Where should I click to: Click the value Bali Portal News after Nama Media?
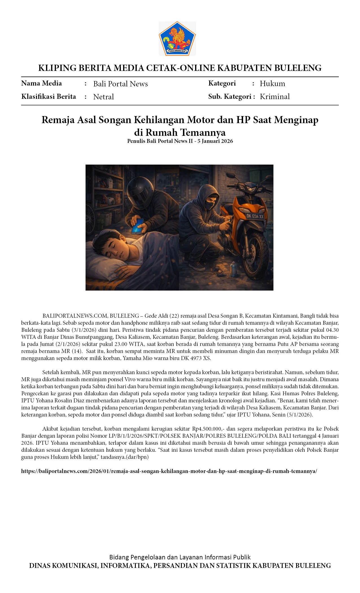[x=121, y=84]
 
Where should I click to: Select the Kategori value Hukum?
[x=272, y=84]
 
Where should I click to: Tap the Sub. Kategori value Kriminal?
[x=274, y=97]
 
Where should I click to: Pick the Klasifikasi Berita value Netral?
[x=103, y=97]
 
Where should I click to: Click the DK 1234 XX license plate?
[x=255, y=217]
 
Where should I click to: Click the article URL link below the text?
[x=169, y=471]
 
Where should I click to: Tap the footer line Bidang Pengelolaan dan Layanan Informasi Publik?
[x=180, y=557]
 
